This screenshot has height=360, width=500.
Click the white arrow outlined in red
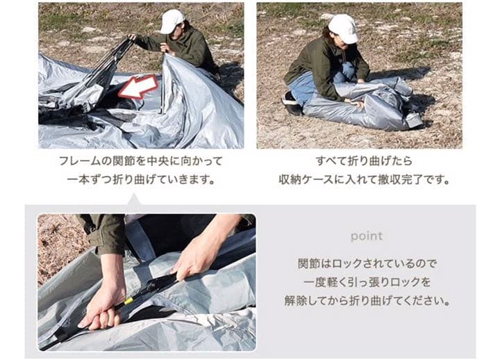pos(137,88)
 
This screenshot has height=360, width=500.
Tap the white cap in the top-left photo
pos(171,20)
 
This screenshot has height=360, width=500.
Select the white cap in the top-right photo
pos(342,28)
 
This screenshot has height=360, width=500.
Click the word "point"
pos(366,236)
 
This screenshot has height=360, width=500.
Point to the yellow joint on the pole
pos(129,300)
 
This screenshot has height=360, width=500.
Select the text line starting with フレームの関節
pos(140,161)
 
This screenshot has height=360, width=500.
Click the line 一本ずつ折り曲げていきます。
pos(140,179)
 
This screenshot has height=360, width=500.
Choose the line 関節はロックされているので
pos(366,265)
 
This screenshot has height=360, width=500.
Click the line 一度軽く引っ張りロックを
pos(366,283)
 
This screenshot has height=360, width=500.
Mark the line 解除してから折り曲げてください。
pos(366,302)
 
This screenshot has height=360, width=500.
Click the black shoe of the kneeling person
pos(292,104)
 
